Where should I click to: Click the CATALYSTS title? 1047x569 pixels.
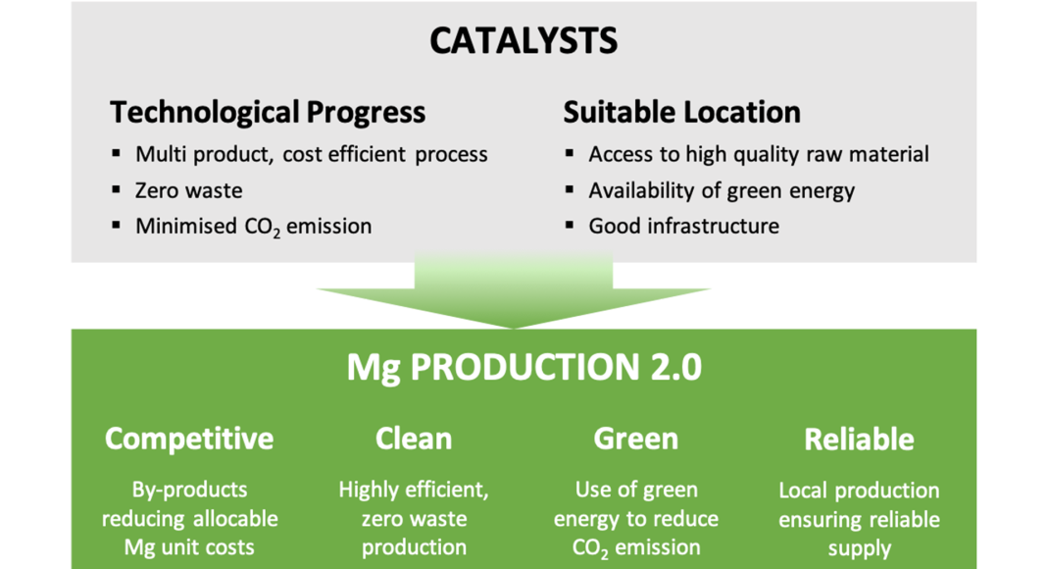[523, 41]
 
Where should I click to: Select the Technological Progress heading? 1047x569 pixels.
[267, 112]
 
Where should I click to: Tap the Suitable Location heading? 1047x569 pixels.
[681, 112]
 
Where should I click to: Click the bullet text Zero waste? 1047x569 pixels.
[189, 190]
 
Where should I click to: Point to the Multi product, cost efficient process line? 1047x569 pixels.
[311, 154]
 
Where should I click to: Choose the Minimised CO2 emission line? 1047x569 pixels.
[254, 227]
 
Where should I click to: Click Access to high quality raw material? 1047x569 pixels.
[759, 154]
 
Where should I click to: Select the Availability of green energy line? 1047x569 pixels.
[722, 191]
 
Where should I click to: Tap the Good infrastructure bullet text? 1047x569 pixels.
[683, 226]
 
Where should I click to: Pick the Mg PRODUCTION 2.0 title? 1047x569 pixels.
[524, 368]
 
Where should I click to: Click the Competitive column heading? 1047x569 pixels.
[189, 439]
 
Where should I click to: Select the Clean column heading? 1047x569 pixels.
[414, 439]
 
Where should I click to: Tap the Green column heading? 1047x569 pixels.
[635, 439]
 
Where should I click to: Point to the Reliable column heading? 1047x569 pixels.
[859, 440]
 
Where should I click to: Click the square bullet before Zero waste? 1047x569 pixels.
[117, 189]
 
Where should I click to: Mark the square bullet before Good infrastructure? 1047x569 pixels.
[569, 225]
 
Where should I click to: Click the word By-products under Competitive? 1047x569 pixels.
[189, 491]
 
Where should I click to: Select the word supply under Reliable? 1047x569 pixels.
[860, 549]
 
